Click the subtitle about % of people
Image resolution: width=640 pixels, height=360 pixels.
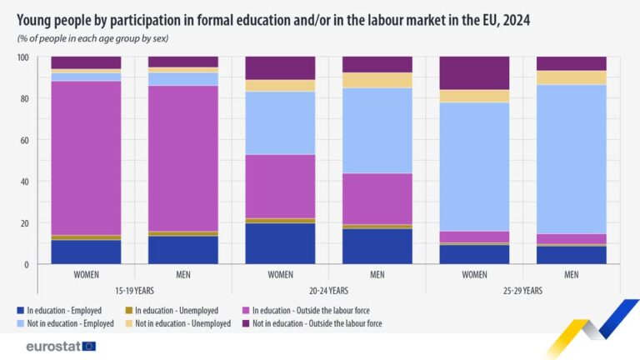pyautogui.click(x=100, y=38)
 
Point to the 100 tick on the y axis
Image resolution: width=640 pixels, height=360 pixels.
pyautogui.click(x=23, y=57)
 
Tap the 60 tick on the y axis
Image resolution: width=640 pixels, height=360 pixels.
pyautogui.click(x=25, y=140)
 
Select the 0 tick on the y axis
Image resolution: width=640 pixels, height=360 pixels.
pyautogui.click(x=27, y=264)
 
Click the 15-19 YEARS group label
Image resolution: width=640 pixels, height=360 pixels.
pyautogui.click(x=135, y=291)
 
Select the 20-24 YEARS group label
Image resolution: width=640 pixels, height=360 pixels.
pyautogui.click(x=328, y=291)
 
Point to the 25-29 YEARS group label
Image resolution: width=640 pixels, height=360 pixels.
pyautogui.click(x=522, y=291)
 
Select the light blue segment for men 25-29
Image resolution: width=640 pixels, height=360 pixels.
pyautogui.click(x=571, y=158)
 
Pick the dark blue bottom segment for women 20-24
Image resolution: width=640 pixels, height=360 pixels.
pyautogui.click(x=280, y=243)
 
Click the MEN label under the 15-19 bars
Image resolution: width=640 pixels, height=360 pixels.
pyautogui.click(x=183, y=274)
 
